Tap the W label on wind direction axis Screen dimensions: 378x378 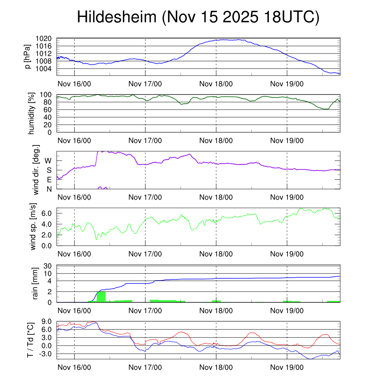[48, 161]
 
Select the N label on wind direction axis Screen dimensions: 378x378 [49, 189]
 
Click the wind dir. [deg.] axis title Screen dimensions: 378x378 [36, 170]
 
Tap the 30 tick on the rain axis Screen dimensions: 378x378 [48, 266]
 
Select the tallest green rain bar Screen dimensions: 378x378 [101, 296]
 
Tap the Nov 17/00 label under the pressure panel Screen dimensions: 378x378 [145, 84]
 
